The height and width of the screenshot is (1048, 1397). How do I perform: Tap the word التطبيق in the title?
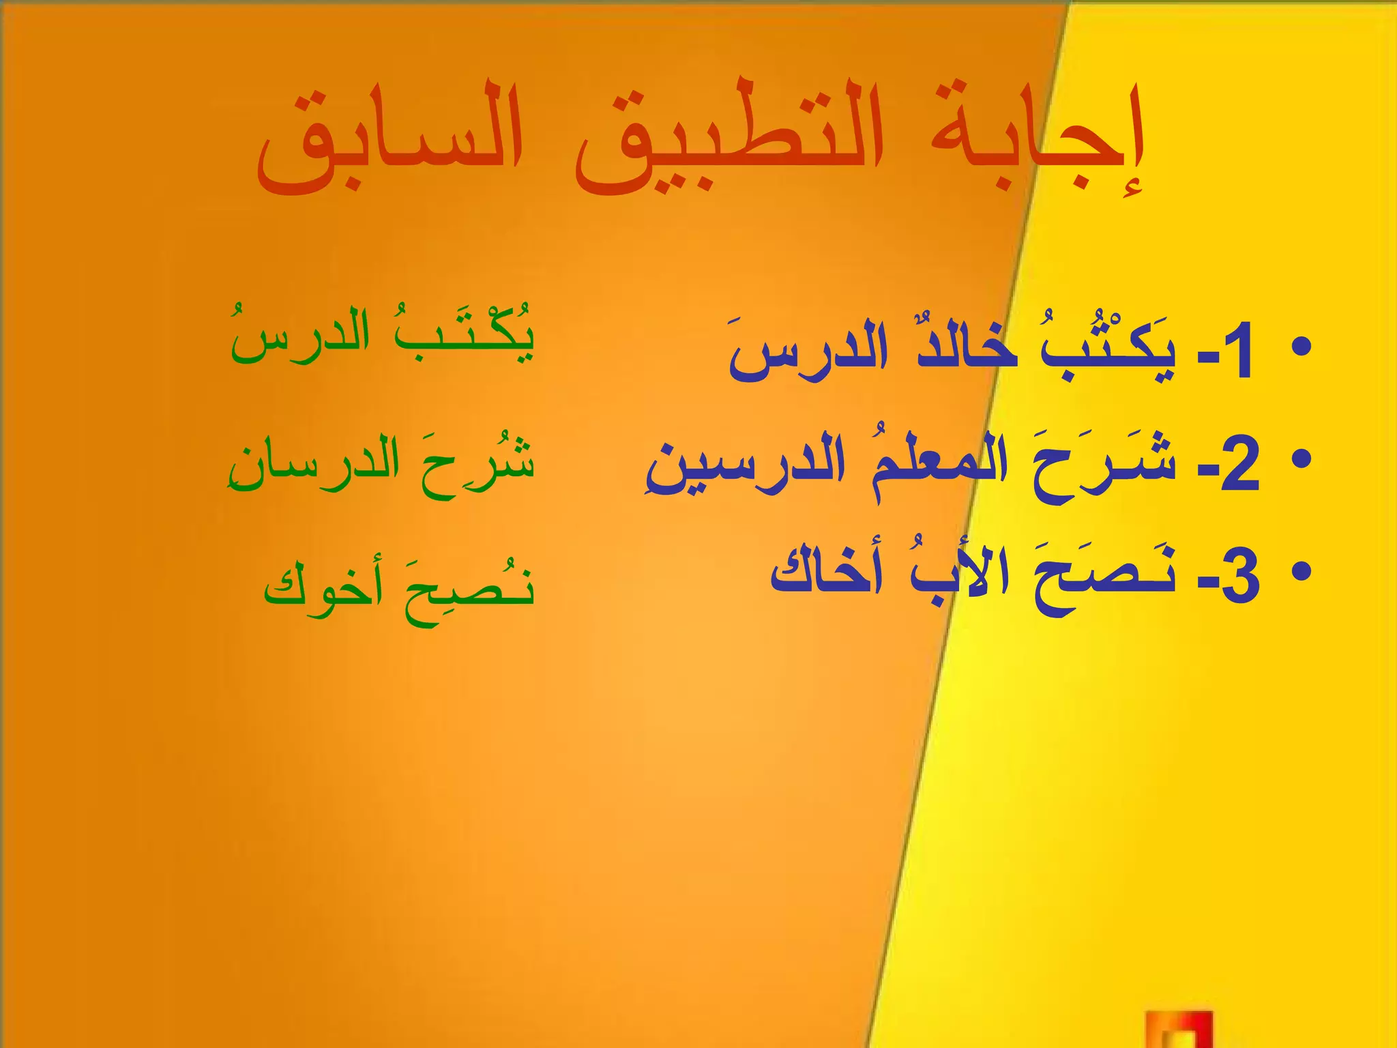729,140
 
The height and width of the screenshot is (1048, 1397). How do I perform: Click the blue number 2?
1239,467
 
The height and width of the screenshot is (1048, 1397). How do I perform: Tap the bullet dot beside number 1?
1302,347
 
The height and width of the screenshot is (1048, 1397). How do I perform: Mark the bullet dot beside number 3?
1302,572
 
